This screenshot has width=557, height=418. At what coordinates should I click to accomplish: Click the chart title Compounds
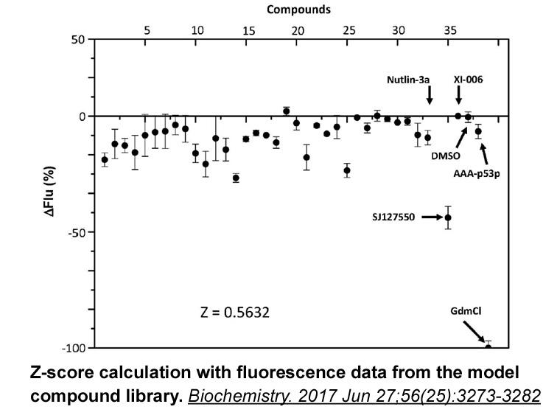(298, 10)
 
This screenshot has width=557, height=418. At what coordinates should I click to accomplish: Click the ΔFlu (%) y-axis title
(50, 191)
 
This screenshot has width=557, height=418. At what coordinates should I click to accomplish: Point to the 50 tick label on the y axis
(78, 40)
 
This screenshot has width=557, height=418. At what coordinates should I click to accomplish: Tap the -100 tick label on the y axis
(74, 348)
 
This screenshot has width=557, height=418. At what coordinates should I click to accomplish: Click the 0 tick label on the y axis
(83, 116)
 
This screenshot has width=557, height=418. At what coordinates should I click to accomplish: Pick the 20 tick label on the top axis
(298, 31)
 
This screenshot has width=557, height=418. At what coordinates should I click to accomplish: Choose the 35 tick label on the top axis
(450, 30)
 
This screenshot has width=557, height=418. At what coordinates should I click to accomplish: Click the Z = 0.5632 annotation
(235, 313)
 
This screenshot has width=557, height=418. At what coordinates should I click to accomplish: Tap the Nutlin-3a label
(408, 80)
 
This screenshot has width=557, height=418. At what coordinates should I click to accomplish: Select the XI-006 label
(468, 80)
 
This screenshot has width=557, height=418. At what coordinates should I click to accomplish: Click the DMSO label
(446, 156)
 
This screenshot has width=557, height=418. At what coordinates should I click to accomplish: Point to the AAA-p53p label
(477, 174)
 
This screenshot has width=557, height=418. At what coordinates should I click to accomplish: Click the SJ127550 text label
(393, 217)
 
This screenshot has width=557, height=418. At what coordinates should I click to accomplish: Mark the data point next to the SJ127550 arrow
(448, 217)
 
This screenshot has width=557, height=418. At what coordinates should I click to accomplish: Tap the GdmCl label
(466, 311)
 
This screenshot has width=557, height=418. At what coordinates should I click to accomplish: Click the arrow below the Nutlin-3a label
(430, 95)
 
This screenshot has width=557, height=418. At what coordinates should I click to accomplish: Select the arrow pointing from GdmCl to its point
(474, 332)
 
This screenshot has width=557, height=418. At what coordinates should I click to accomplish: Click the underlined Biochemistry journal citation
(365, 396)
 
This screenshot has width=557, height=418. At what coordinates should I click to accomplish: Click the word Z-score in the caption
(63, 372)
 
